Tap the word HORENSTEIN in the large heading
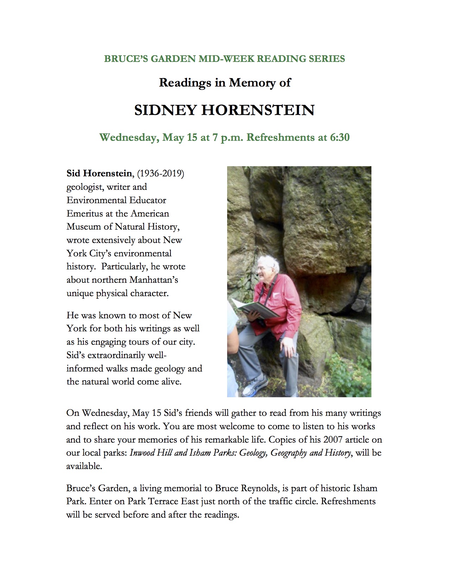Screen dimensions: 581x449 (257, 111)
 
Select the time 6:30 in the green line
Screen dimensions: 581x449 (339, 137)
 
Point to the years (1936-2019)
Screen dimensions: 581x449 (160, 174)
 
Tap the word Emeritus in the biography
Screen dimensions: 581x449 (84, 213)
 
